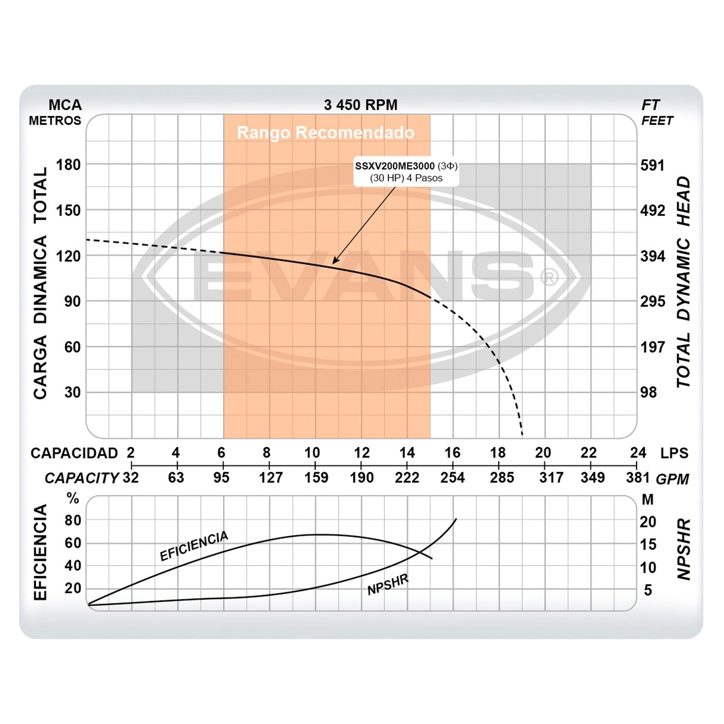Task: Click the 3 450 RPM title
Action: [x=361, y=105]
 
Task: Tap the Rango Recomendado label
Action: [x=326, y=133]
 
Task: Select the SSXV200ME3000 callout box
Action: [x=406, y=172]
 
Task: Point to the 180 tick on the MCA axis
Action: [x=68, y=165]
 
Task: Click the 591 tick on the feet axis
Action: [x=653, y=165]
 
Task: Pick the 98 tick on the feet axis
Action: [x=649, y=392]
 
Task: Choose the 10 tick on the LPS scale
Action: [x=312, y=453]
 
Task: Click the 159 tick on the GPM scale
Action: [x=316, y=478]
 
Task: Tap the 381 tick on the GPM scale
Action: [x=638, y=478]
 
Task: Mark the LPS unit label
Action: [x=674, y=453]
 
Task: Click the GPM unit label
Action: [x=672, y=479]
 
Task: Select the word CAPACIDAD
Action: [x=74, y=453]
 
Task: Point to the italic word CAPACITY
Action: [x=82, y=478]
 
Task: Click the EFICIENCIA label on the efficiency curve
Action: [x=194, y=546]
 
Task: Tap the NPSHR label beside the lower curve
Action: [x=388, y=585]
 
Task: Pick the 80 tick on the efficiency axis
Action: [x=73, y=520]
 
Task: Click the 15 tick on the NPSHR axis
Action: [x=648, y=544]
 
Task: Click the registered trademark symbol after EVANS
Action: [x=549, y=278]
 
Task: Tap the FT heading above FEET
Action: [x=650, y=105]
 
